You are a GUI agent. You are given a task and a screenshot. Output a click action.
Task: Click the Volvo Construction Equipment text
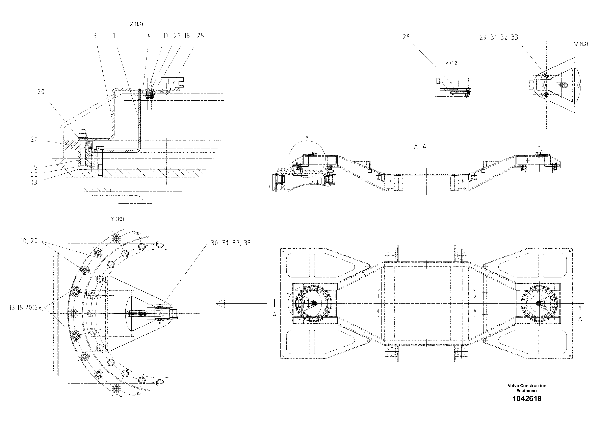click(x=527, y=388)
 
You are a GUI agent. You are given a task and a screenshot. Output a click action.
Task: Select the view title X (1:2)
click(x=136, y=24)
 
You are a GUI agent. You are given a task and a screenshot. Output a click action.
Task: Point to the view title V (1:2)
click(x=452, y=63)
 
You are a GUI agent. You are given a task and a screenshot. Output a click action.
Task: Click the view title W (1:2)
click(x=581, y=44)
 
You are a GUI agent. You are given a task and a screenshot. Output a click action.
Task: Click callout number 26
click(x=406, y=37)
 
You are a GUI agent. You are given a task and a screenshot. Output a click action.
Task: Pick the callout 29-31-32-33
click(x=499, y=37)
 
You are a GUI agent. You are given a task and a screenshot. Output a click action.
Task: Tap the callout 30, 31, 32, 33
click(x=231, y=243)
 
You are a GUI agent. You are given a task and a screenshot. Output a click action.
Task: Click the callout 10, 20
click(x=29, y=241)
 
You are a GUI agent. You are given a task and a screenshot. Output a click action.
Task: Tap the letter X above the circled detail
click(x=307, y=137)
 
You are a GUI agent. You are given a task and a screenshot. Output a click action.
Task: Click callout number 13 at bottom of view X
click(x=34, y=182)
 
